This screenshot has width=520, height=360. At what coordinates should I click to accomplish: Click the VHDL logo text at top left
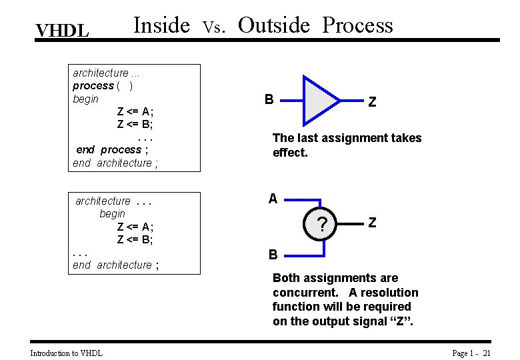[62, 31]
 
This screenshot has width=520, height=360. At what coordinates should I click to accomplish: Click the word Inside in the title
[162, 25]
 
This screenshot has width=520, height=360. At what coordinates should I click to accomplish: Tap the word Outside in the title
[274, 25]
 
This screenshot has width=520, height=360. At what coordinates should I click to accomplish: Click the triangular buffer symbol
[319, 101]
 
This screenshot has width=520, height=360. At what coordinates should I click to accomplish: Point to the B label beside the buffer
[269, 100]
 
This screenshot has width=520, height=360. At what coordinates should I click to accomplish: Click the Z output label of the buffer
[372, 102]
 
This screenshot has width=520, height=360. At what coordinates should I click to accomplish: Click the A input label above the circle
[273, 199]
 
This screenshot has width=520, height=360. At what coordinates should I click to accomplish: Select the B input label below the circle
[273, 254]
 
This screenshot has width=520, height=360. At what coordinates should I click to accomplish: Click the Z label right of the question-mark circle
[372, 223]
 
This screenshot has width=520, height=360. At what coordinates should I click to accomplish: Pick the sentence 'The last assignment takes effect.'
[347, 145]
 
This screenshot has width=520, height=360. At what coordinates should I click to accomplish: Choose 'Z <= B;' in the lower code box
[135, 239]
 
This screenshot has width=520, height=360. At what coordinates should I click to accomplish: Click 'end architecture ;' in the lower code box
[116, 265]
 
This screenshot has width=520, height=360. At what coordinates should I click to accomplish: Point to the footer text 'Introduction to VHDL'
[67, 353]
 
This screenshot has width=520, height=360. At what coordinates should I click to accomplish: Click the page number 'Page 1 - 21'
[471, 353]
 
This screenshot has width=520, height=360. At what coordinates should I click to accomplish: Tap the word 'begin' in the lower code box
[112, 213]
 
